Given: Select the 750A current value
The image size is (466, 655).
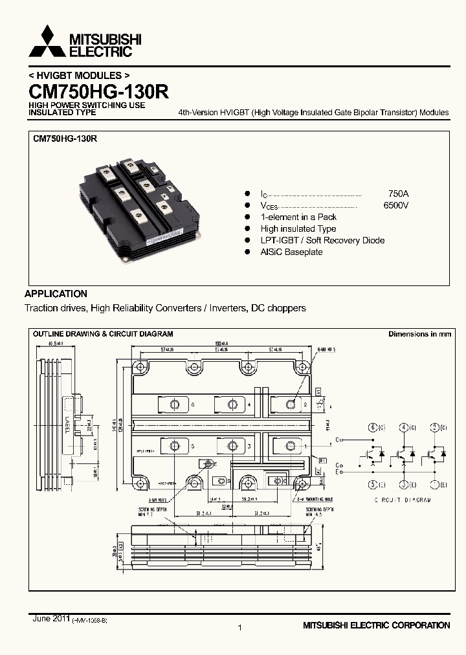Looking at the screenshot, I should pyautogui.click(x=398, y=194).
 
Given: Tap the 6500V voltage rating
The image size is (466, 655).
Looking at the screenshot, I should pyautogui.click(x=395, y=205).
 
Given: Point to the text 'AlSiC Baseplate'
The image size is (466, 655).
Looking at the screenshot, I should pyautogui.click(x=291, y=252).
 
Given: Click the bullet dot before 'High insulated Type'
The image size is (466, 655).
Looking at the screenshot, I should pyautogui.click(x=247, y=228).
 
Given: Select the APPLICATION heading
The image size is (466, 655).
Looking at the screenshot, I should pyautogui.click(x=56, y=293).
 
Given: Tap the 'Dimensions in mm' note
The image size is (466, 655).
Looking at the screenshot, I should pyautogui.click(x=419, y=334).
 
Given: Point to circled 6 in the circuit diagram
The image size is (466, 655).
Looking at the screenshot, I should pyautogui.click(x=372, y=427).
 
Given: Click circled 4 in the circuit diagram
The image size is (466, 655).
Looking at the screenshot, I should pyautogui.click(x=403, y=427).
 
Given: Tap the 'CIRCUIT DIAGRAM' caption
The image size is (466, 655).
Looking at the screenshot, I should pyautogui.click(x=402, y=500).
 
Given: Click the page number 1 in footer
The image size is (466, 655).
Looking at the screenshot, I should pyautogui.click(x=239, y=627).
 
